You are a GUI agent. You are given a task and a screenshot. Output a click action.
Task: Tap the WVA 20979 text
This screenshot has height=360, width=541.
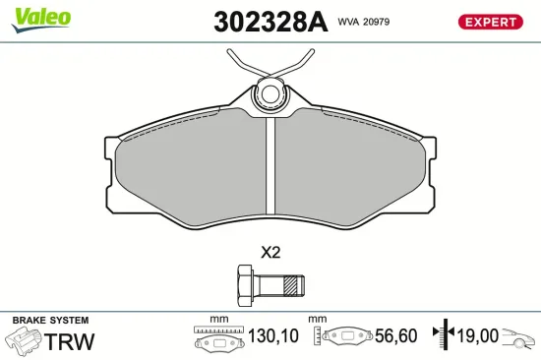365,20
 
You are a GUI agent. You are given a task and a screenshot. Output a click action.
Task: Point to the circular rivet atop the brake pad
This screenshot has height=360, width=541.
270,96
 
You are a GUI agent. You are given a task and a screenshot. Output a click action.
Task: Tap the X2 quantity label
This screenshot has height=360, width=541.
270,252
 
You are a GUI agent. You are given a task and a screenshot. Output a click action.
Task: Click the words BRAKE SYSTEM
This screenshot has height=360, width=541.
50,321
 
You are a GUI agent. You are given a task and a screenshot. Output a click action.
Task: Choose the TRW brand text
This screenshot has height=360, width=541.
71,341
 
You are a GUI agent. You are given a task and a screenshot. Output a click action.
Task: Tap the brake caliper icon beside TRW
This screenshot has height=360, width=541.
24,341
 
